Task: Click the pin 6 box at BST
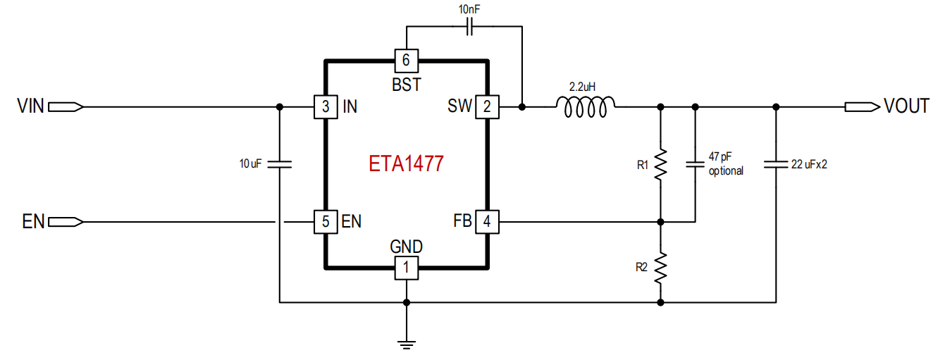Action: pyautogui.click(x=407, y=61)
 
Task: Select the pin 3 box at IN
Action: pyautogui.click(x=326, y=106)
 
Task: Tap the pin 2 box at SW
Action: pyautogui.click(x=487, y=106)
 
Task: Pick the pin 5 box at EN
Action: pyautogui.click(x=326, y=222)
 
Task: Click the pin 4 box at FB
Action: pyautogui.click(x=487, y=222)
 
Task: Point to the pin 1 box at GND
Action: pyautogui.click(x=407, y=268)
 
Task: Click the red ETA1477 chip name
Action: pyautogui.click(x=406, y=163)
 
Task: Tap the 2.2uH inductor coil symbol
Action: pyautogui.click(x=586, y=106)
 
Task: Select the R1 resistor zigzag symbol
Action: pyautogui.click(x=661, y=164)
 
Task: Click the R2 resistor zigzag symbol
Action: pyautogui.click(x=661, y=268)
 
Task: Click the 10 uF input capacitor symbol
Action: pyautogui.click(x=279, y=164)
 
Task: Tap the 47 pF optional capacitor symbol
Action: pyautogui.click(x=696, y=164)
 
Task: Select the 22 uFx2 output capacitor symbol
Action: pyautogui.click(x=776, y=164)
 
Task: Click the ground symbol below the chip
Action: pyautogui.click(x=407, y=345)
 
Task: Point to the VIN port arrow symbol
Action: pyautogui.click(x=66, y=106)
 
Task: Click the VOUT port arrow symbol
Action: pyautogui.click(x=863, y=106)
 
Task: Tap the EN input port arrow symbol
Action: pyautogui.click(x=66, y=222)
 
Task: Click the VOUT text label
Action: pyautogui.click(x=907, y=106)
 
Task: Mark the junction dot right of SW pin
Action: pyautogui.click(x=522, y=106)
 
